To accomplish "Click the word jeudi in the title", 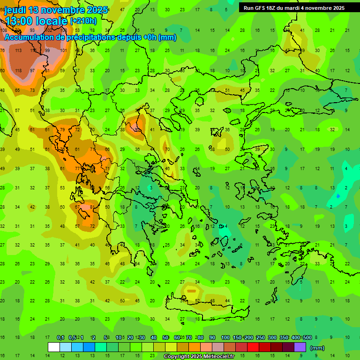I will coord(16,10).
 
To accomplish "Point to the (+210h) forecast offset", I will coord(83,21).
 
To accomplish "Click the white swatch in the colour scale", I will coord(54,347).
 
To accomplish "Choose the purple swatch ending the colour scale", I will coord(300,347).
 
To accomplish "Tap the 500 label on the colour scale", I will coord(307,338).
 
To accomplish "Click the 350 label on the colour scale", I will coord(284,338).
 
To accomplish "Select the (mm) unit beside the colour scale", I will coord(317,348).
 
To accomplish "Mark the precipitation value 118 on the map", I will coord(18,70).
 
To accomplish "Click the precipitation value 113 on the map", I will coord(18,50).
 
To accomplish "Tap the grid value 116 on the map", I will coord(33,50).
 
